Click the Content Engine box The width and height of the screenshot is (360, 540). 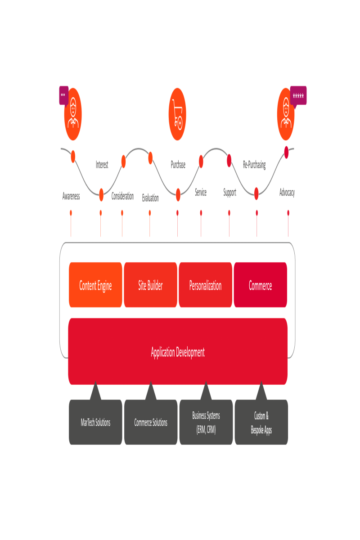[x=95, y=285]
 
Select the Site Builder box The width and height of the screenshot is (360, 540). [x=150, y=285]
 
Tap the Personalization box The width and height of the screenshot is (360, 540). [x=205, y=285]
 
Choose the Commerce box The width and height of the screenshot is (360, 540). [x=260, y=285]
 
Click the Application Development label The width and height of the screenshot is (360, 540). [x=177, y=352]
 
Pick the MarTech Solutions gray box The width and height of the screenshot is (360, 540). [x=95, y=423]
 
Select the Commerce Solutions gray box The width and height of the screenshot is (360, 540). [x=151, y=423]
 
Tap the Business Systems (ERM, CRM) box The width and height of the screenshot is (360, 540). [x=206, y=423]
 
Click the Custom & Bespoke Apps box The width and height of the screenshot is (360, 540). [x=261, y=423]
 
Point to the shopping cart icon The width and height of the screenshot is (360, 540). [x=177, y=114]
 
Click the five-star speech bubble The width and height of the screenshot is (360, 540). [x=298, y=95]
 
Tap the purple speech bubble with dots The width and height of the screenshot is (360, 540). [x=63, y=95]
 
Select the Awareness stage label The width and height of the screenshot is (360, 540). [x=71, y=196]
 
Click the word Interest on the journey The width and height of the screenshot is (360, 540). [x=102, y=165]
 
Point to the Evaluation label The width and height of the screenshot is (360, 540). [x=150, y=198]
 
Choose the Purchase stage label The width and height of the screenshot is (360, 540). [x=178, y=165]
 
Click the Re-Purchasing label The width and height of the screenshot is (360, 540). [x=254, y=165]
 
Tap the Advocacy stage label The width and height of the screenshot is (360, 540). [x=287, y=193]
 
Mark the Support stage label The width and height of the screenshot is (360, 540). [x=229, y=193]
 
